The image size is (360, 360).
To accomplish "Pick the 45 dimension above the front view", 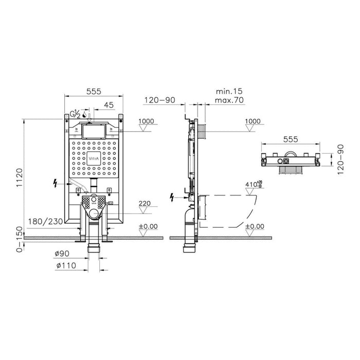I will (x=109, y=105).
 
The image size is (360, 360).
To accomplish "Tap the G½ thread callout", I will (x=75, y=114).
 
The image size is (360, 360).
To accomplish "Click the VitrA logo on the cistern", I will (x=94, y=159).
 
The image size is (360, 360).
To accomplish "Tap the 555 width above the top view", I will (x=291, y=138).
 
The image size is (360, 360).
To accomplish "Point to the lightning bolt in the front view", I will (x=57, y=183).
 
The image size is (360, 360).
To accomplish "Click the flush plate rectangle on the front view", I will (x=93, y=130).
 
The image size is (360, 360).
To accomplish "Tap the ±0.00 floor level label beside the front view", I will (x=149, y=226).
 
